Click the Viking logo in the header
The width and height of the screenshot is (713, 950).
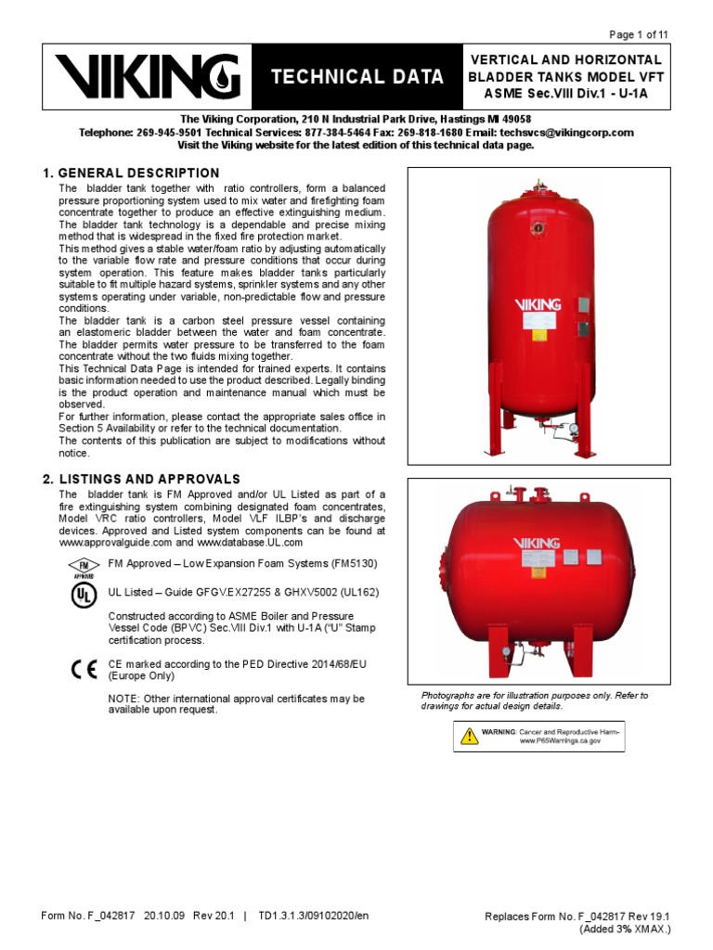coord(147,77)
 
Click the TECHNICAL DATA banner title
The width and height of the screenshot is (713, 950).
coord(356,77)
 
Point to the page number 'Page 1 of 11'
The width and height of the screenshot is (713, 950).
coord(638,34)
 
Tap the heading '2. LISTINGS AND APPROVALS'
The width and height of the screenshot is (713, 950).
coord(141,478)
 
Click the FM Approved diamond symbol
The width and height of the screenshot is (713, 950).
coord(83,566)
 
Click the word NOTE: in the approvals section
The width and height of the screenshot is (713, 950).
coord(126,698)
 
